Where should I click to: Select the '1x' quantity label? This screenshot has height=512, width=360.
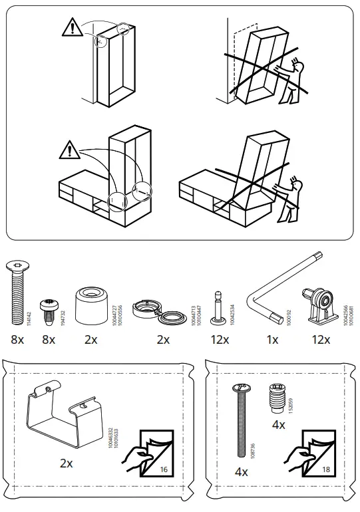pyautogui.click(x=272, y=340)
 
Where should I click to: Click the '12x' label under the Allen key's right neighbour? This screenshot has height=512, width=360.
pyautogui.click(x=321, y=340)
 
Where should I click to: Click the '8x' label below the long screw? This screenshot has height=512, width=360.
pyautogui.click(x=17, y=340)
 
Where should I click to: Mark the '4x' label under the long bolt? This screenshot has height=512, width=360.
pyautogui.click(x=241, y=472)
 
